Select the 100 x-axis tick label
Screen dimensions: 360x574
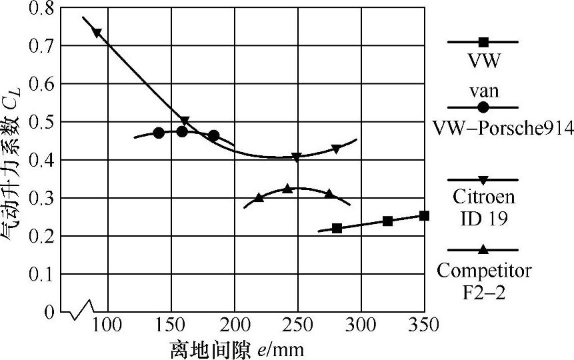pos(107,325)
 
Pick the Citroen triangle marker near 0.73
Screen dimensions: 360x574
pos(97,33)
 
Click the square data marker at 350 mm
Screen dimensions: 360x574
pos(424,215)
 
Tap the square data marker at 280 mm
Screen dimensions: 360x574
pos(337,228)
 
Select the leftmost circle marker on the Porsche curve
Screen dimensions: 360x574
pos(159,133)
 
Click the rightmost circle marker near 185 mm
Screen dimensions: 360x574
pos(213,136)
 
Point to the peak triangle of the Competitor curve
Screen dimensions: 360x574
pos(287,189)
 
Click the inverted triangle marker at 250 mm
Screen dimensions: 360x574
pos(297,157)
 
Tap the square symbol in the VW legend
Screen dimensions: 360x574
pos(483,42)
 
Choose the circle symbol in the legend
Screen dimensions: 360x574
pos(483,107)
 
